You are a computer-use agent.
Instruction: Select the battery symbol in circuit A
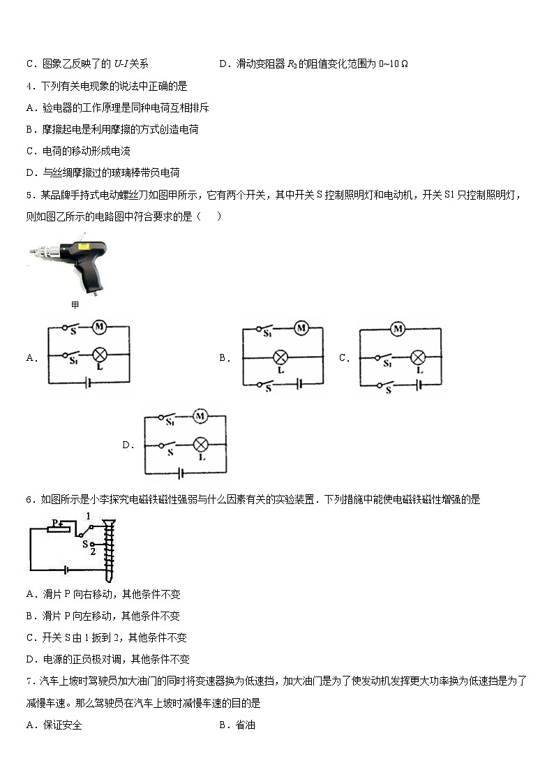click(x=88, y=383)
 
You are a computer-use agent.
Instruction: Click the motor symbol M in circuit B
click(x=301, y=327)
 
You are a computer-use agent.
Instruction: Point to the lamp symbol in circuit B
click(x=280, y=357)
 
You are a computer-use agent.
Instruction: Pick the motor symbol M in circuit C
click(x=398, y=329)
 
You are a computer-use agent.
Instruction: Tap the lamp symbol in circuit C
click(x=417, y=357)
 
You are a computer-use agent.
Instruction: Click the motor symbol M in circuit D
click(x=200, y=416)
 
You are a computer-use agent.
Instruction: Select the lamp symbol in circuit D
click(x=201, y=444)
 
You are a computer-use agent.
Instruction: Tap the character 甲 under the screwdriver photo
click(x=75, y=305)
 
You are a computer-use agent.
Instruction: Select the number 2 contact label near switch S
click(x=93, y=552)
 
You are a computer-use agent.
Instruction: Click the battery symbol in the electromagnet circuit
click(x=66, y=569)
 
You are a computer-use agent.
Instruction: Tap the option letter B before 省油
click(x=223, y=725)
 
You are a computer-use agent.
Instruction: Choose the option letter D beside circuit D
click(x=127, y=445)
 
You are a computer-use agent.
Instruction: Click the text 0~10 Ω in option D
click(x=393, y=64)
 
